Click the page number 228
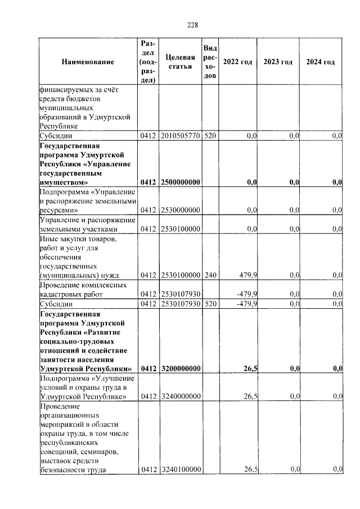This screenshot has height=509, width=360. point(192,25)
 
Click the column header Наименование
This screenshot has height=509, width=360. point(88,62)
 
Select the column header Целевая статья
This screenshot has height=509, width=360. point(181,62)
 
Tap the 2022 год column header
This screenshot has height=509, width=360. point(237,62)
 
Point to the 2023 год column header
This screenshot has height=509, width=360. point(278,62)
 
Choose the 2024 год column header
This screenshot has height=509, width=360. point(320,62)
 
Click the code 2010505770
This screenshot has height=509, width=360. point(181,136)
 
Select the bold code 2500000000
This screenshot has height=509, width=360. point(181,182)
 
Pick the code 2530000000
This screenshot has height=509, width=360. point(181,210)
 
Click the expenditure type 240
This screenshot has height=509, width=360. point(209,275)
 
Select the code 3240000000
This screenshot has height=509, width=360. point(181,397)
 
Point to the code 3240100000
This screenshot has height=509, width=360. point(181,470)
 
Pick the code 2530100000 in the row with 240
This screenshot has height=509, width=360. point(181,275)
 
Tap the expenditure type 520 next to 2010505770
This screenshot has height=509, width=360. point(209,136)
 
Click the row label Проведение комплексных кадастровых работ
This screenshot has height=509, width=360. point(83,289)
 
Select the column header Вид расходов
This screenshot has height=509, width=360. point(209,62)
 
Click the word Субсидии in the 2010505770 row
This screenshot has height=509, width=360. point(55,136)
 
